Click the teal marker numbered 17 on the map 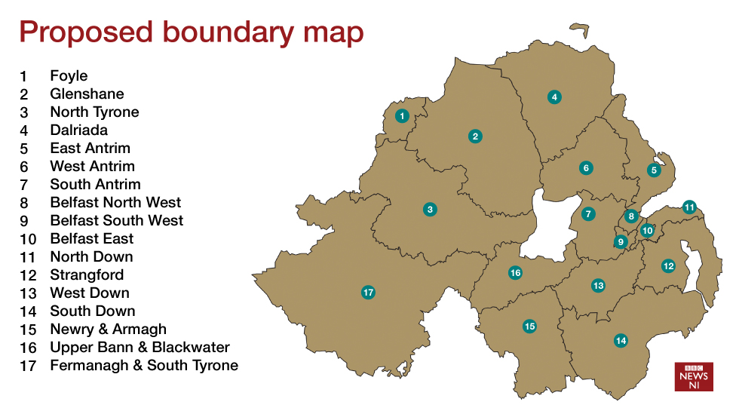click(368, 292)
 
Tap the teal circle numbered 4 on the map click(554, 97)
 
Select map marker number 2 click(475, 136)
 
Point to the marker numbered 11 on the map click(689, 207)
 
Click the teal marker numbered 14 click(621, 340)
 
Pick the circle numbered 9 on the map click(621, 242)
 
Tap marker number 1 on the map click(402, 115)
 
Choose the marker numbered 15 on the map click(529, 326)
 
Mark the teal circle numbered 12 click(668, 265)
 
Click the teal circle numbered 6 click(586, 168)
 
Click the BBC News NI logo click(693, 376)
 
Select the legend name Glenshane click(87, 94)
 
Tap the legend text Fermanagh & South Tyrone click(144, 366)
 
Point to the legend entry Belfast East click(91, 239)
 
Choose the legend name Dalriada click(78, 130)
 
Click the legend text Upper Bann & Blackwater click(140, 348)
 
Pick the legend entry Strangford click(87, 275)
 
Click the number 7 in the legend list click(24, 185)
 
